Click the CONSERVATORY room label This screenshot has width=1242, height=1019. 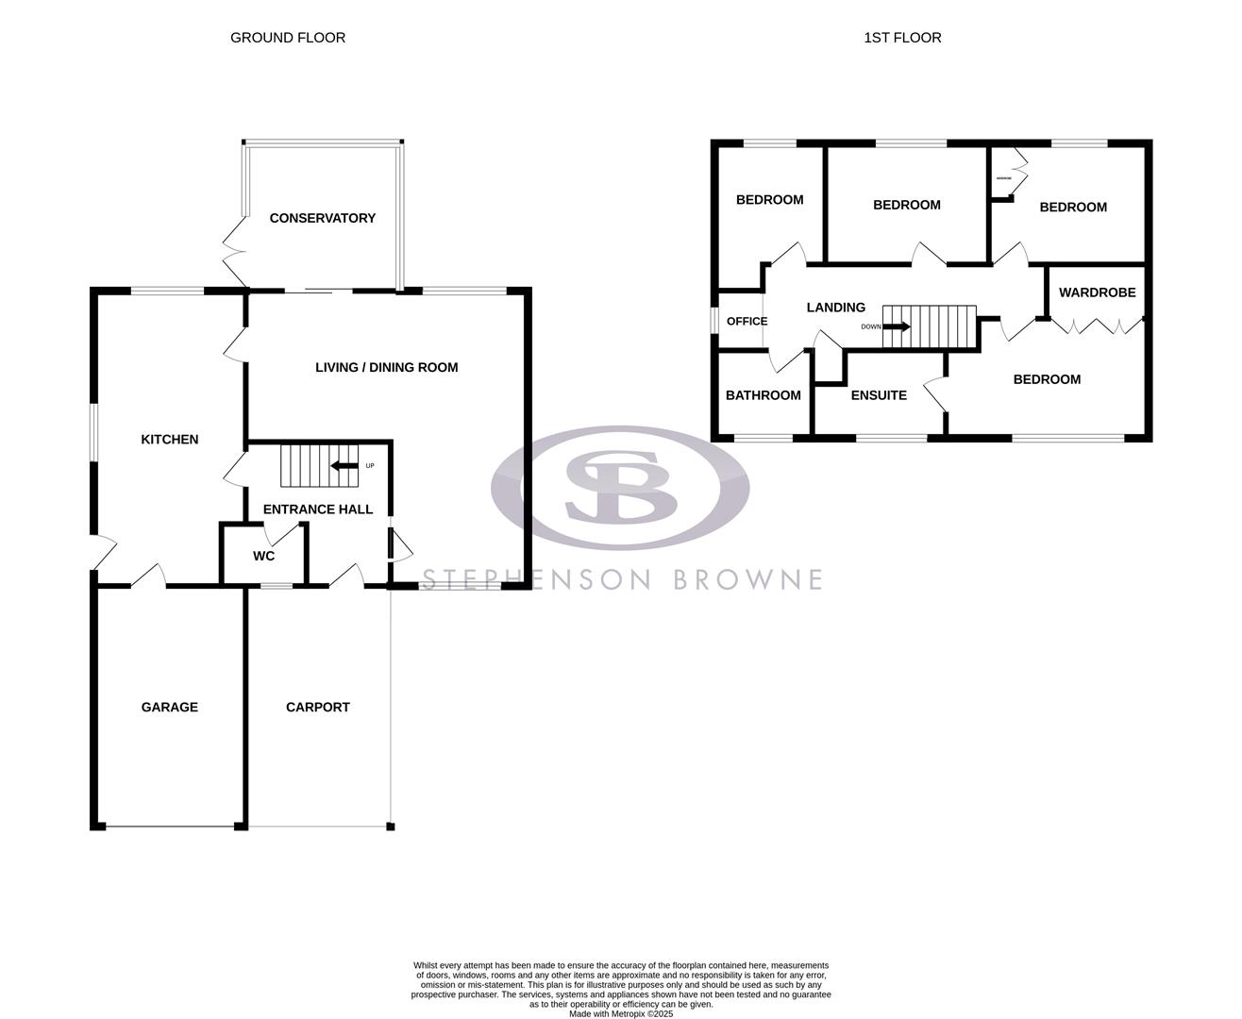coord(322,218)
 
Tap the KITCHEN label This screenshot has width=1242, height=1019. coord(170,439)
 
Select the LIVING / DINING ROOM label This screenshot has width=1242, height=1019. coord(386,367)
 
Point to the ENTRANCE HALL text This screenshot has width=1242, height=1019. coord(317,509)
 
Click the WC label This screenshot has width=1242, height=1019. coord(263,557)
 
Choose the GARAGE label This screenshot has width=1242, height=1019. coord(170,707)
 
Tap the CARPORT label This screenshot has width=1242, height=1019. coord(318,707)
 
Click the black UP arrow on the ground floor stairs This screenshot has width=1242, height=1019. coord(344,465)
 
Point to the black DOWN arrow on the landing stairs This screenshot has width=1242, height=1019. coord(897,326)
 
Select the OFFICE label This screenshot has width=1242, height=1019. coord(747,322)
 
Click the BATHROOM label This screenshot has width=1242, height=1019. coord(763,395)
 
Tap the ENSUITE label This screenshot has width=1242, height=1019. coord(879,395)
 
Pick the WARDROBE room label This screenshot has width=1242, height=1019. coord(1097,292)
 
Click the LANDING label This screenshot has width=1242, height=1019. coord(836,308)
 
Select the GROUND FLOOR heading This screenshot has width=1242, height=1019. coord(288,38)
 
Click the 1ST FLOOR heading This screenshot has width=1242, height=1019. coord(902,38)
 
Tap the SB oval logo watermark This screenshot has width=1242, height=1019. coord(620,488)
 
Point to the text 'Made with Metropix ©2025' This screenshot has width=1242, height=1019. coord(620,1014)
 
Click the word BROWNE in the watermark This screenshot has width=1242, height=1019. coord(748,578)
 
